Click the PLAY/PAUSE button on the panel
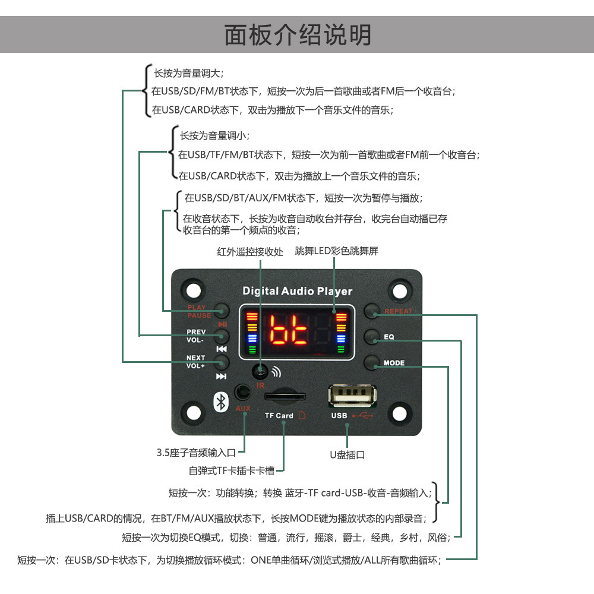tap(222, 310)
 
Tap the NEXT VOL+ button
tap(222, 362)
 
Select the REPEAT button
tap(372, 310)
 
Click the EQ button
tap(372, 336)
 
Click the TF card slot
tap(284, 396)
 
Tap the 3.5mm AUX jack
tap(242, 393)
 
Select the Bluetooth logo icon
tap(221, 402)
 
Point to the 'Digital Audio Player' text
tap(297, 291)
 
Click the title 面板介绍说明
tap(297, 34)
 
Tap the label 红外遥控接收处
tap(249, 251)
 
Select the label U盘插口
tap(347, 455)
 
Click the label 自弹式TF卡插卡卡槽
tap(232, 471)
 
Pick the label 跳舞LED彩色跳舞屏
tap(336, 251)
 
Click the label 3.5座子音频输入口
tap(197, 453)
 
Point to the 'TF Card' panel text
tap(279, 416)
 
